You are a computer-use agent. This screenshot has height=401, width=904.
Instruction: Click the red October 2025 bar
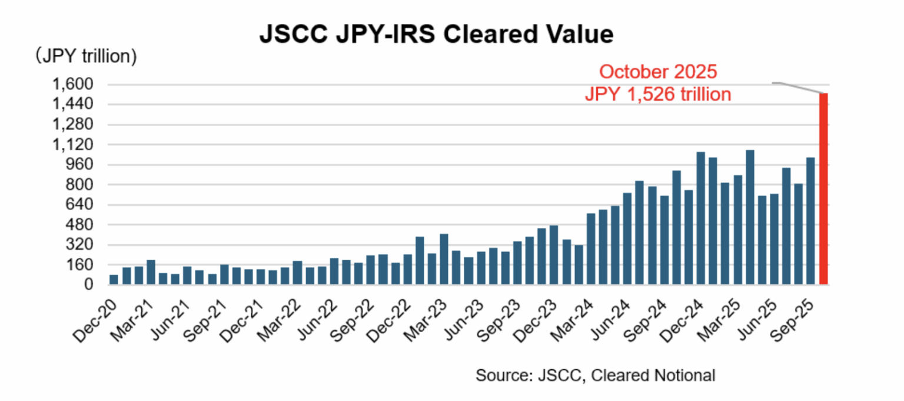823,188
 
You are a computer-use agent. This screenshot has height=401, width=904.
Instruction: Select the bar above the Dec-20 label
114,280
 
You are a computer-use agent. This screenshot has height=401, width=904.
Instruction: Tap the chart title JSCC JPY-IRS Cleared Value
436,34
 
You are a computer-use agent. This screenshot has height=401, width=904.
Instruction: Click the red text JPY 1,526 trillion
657,94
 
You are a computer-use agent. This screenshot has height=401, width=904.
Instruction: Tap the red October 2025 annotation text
657,72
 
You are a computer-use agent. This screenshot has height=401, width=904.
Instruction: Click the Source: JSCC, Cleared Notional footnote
596,375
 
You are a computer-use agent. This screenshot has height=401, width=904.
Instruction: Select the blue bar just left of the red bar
810,221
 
